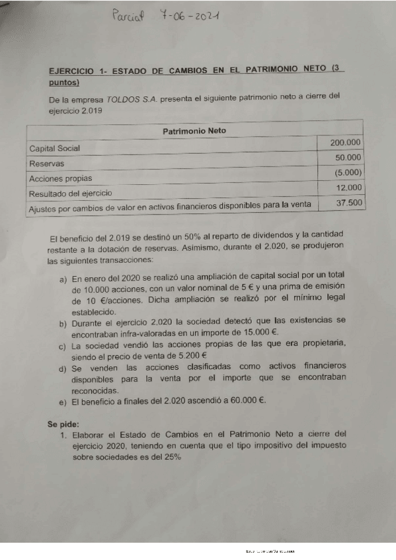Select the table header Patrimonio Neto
[x=194, y=130]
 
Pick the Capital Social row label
[x=54, y=149]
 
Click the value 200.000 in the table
[x=345, y=143]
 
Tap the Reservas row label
[x=46, y=163]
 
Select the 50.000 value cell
[x=348, y=158]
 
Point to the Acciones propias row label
[x=60, y=178]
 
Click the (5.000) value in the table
[x=348, y=173]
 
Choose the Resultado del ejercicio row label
[x=70, y=193]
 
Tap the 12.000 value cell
[x=348, y=188]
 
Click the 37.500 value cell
[x=348, y=203]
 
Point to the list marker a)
[x=63, y=280]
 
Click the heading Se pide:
[x=63, y=423]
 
